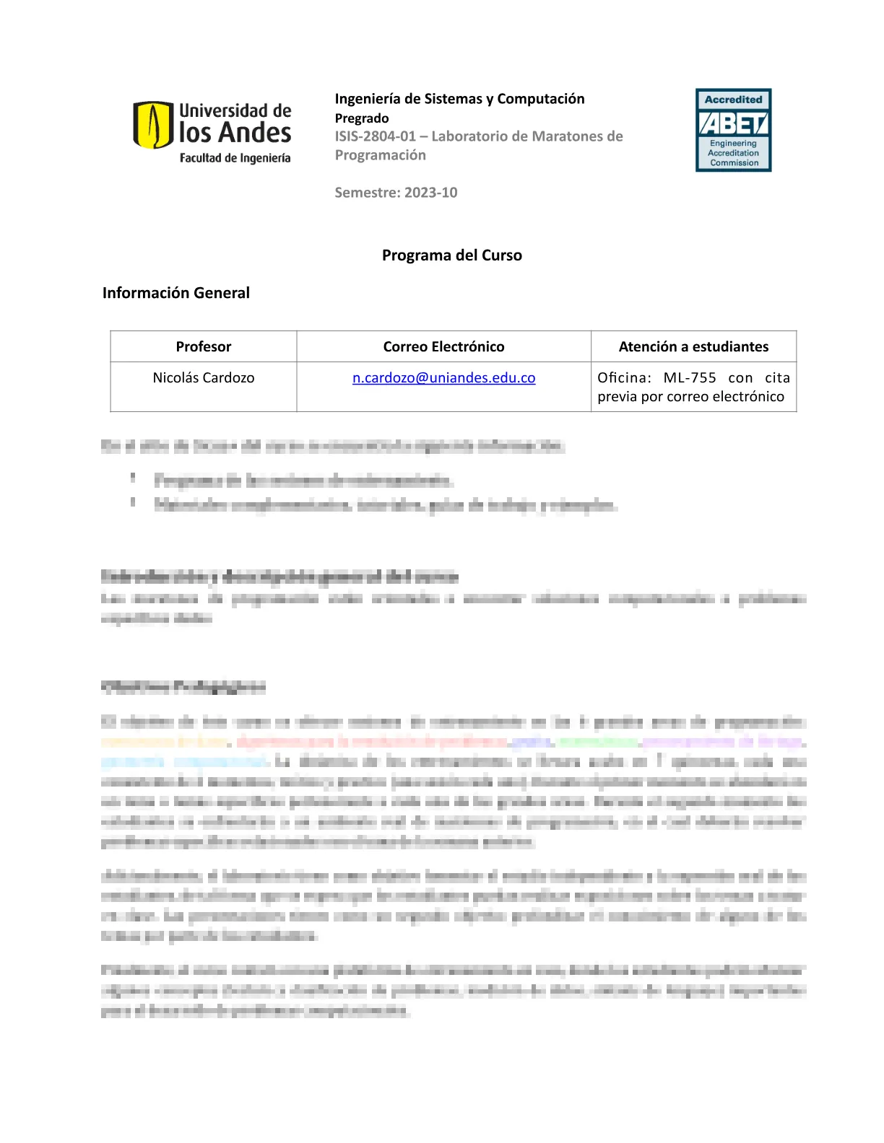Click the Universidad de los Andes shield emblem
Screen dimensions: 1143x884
(x=153, y=125)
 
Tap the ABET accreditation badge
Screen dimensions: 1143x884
(x=733, y=130)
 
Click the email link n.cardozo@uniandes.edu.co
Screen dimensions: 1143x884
(x=443, y=377)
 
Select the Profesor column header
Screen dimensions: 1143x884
(x=204, y=346)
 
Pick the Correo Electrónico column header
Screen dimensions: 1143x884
(x=443, y=346)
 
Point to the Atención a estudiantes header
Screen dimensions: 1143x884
(x=693, y=346)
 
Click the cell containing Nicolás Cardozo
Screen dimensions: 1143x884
(x=204, y=377)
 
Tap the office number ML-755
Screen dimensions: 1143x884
(x=690, y=377)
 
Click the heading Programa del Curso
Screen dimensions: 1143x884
(x=451, y=255)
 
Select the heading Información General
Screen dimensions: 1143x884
(x=175, y=292)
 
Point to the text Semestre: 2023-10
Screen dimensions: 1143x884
(x=396, y=192)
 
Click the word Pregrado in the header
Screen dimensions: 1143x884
(x=362, y=118)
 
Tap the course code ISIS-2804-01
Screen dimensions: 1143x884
(x=375, y=136)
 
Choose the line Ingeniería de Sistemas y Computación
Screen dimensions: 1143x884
(x=459, y=99)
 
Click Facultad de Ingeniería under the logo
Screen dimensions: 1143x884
(x=235, y=158)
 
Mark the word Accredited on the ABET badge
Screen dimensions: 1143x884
(x=733, y=100)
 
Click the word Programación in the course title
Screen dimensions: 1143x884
(x=380, y=155)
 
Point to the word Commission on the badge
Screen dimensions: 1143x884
(x=734, y=163)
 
